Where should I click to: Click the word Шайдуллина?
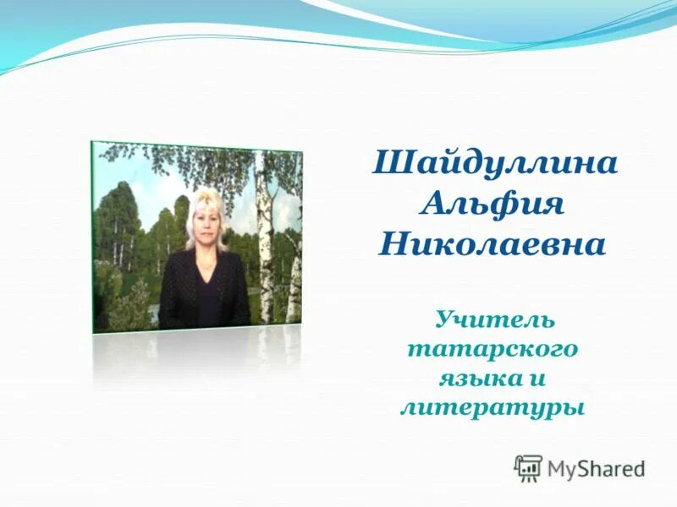tap(495, 163)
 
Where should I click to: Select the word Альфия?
tap(494, 204)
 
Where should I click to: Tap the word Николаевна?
tap(493, 245)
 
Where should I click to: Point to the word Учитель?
tap(495, 320)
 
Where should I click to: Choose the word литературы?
tap(493, 407)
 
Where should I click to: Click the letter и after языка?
tap(540, 377)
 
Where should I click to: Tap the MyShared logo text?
tap(596, 467)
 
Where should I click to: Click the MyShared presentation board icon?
tap(528, 467)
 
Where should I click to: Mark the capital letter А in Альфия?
tap(434, 204)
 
